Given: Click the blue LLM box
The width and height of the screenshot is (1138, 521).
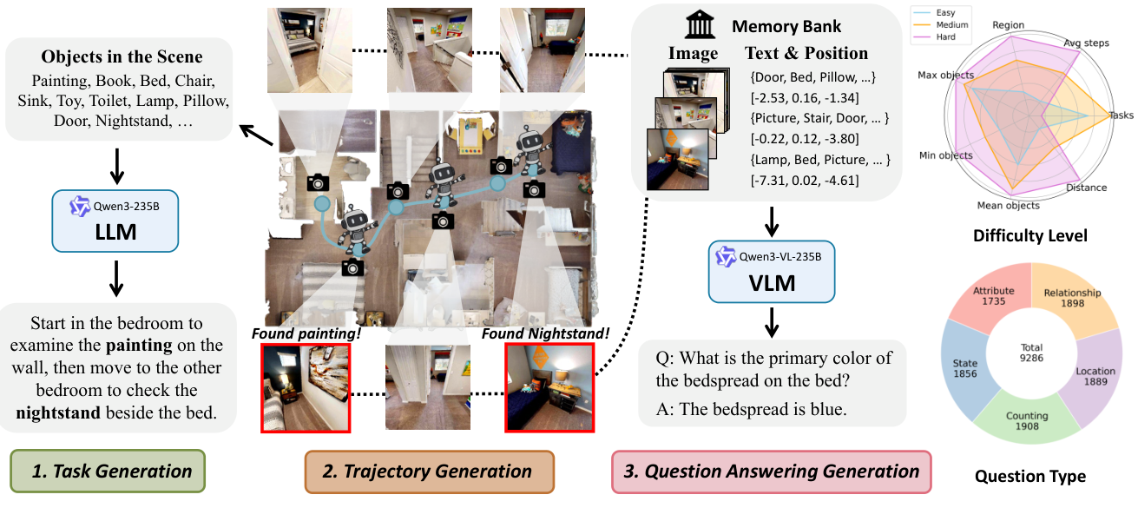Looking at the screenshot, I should (x=115, y=221).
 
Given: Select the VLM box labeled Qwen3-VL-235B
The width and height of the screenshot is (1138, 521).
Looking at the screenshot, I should (x=771, y=271).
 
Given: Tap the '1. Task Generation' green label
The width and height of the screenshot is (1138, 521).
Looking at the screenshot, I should (x=108, y=472).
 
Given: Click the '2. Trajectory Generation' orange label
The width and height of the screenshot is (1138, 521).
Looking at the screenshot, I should (x=429, y=472).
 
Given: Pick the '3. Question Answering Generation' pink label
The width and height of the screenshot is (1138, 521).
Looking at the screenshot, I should (x=771, y=472).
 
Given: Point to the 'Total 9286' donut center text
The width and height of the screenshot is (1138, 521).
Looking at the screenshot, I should (x=1030, y=352).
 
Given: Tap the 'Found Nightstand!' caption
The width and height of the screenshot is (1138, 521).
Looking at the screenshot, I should (x=545, y=333).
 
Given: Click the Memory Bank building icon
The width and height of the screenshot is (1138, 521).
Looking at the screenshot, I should (x=700, y=25).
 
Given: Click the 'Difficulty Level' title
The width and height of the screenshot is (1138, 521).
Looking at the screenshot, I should (x=1029, y=236).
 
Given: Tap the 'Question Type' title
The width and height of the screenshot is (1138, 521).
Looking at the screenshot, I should (x=1029, y=476).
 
